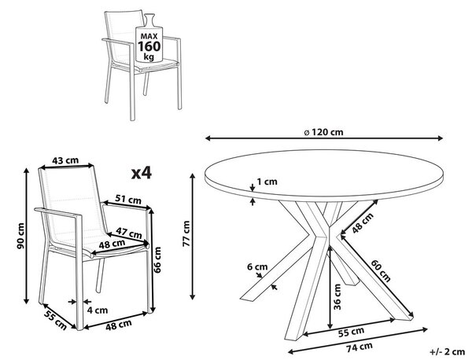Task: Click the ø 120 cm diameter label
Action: pos(323,132)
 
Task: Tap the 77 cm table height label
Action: pos(186,233)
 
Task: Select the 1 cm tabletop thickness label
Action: pos(267,182)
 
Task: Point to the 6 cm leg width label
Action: pos(257,266)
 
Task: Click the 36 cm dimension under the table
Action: pos(337,297)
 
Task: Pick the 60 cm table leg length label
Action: pos(381,270)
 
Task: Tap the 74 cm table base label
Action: pos(360,347)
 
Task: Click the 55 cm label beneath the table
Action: pos(351,331)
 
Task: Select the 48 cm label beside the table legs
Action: pos(363,222)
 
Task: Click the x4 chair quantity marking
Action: pos(142,173)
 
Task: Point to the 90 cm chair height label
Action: pos(20,236)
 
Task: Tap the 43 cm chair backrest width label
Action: pos(65,160)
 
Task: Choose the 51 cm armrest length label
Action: pos(128,199)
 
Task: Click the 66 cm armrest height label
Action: pos(157,259)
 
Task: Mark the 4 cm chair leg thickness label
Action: pos(98,310)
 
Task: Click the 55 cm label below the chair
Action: pos(55,320)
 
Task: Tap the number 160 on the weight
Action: pos(149,46)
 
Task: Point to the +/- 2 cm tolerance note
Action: pos(448,351)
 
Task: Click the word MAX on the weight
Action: pos(149,36)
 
